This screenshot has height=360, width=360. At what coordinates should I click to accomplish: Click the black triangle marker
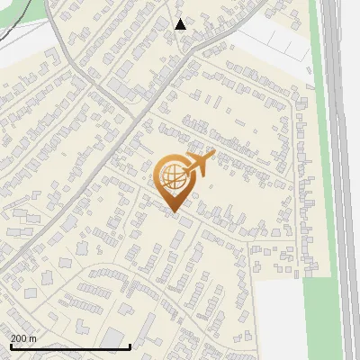click(181, 24)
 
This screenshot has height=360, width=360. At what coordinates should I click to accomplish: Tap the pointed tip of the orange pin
click(173, 211)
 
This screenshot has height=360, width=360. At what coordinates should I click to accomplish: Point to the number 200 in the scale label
click(20, 338)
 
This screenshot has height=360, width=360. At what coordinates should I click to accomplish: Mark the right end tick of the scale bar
click(131, 346)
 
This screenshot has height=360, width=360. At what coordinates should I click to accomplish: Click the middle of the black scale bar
click(70, 347)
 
